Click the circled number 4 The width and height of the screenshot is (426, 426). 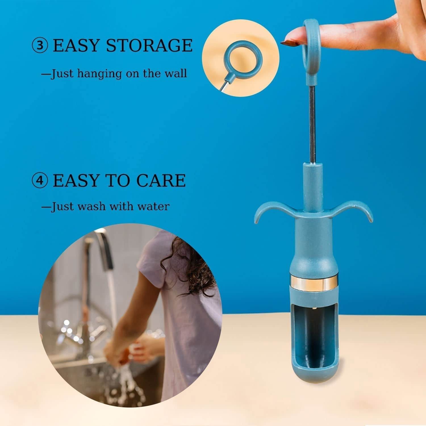(40, 181)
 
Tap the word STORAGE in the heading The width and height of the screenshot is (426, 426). (149, 45)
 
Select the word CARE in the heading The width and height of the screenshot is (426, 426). (161, 180)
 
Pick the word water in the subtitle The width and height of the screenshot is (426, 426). (153, 206)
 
